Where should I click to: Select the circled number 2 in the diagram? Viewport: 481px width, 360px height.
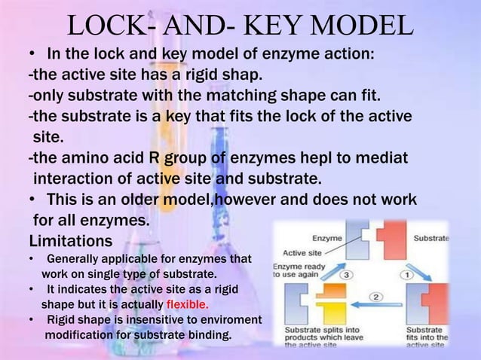[x=376, y=297]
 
